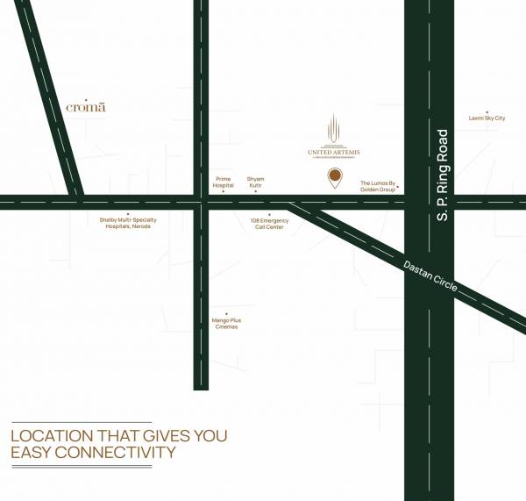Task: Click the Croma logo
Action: pyautogui.click(x=86, y=107)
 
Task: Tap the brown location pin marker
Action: pyautogui.click(x=335, y=178)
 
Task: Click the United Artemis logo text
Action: pyautogui.click(x=334, y=151)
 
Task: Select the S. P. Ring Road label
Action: pyautogui.click(x=443, y=175)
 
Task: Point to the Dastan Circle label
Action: pyautogui.click(x=430, y=278)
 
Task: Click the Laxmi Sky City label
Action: pyautogui.click(x=487, y=118)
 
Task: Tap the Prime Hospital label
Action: pyautogui.click(x=224, y=182)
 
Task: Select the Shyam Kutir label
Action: pyautogui.click(x=255, y=182)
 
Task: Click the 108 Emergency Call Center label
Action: pyautogui.click(x=269, y=223)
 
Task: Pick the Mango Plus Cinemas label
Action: pyautogui.click(x=226, y=324)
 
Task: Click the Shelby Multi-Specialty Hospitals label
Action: pyautogui.click(x=127, y=223)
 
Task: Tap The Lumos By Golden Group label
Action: pyautogui.click(x=378, y=187)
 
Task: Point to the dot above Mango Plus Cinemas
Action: pyautogui.click(x=226, y=314)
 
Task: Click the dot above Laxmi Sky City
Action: pyautogui.click(x=487, y=110)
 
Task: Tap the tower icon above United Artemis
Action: pyautogui.click(x=334, y=128)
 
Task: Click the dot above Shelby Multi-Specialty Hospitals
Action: pyautogui.click(x=128, y=213)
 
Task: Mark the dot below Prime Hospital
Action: pyautogui.click(x=223, y=191)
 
